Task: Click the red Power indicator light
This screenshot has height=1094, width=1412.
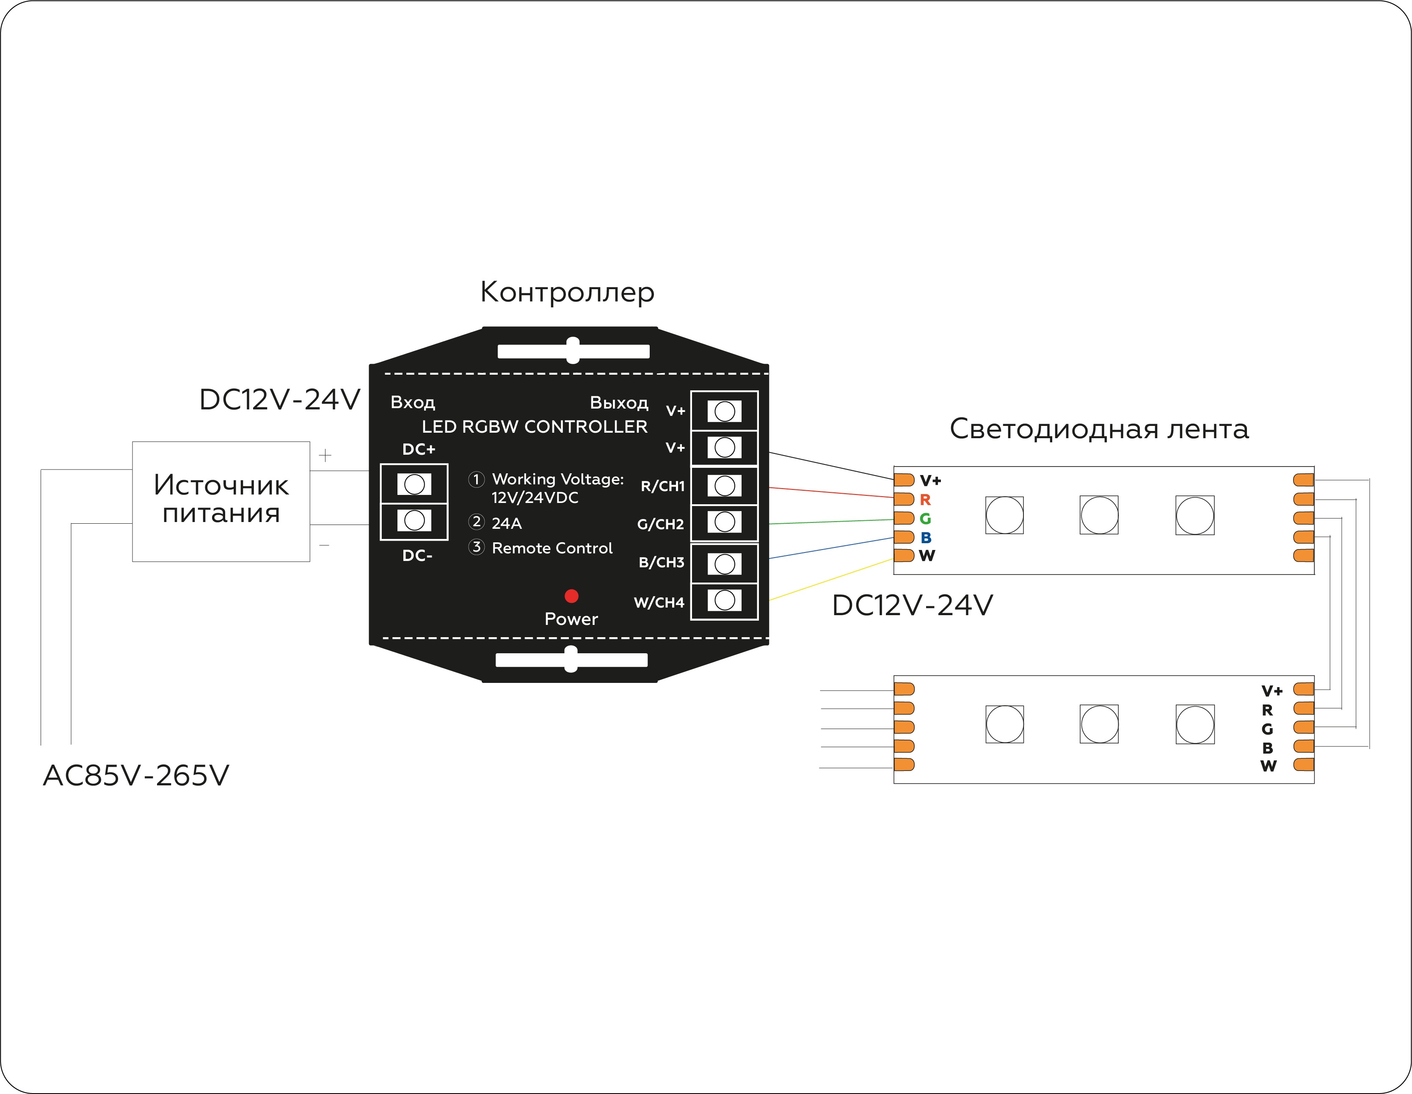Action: point(571,596)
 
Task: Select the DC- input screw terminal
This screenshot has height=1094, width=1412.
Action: point(414,520)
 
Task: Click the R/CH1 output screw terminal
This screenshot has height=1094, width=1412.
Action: point(725,486)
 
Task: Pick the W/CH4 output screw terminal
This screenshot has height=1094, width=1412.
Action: point(725,600)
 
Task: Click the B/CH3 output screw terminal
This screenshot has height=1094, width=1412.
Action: point(725,564)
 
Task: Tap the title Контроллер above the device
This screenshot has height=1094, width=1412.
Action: point(567,292)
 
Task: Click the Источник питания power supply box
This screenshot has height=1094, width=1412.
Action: point(221,501)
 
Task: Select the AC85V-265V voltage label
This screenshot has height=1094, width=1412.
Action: point(136,775)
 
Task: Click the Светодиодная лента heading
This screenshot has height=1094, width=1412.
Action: point(1099,429)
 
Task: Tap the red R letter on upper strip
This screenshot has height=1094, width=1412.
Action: point(925,500)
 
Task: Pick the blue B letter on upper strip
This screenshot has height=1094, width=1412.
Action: point(926,537)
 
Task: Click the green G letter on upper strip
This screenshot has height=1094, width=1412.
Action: point(925,519)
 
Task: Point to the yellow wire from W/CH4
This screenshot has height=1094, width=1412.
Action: point(831,580)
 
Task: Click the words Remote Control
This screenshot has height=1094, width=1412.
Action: point(552,548)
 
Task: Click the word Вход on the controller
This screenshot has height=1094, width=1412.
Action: point(413,402)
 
